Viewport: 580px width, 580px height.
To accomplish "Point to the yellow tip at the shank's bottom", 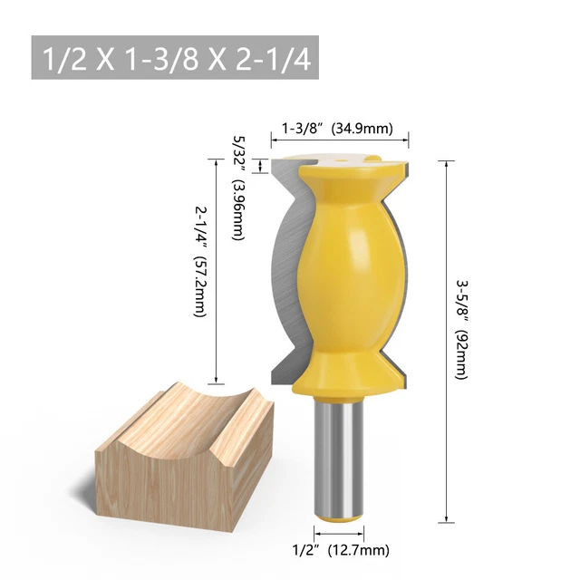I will click(341, 517).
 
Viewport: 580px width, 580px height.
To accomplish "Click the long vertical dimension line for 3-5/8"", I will click(446, 340).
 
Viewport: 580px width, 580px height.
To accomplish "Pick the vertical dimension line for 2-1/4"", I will click(216, 272).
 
